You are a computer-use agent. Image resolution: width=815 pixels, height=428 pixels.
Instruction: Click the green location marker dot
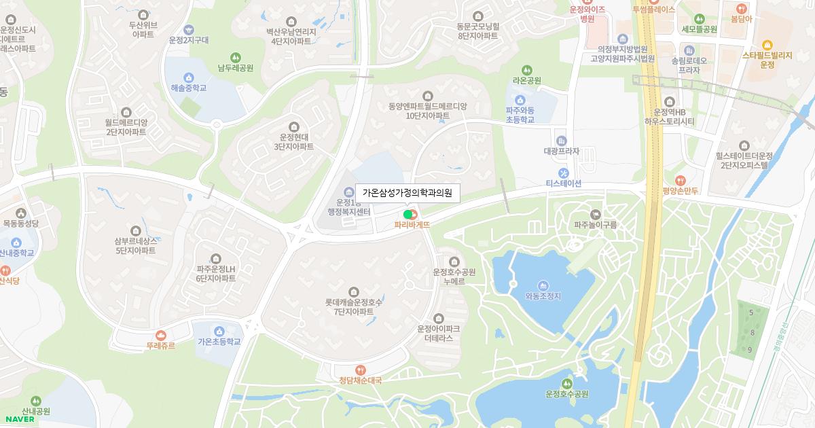pos(407,215)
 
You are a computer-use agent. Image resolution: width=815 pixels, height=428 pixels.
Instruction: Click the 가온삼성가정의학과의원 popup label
pos(407,193)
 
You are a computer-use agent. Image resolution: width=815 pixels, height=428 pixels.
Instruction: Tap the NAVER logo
pos(20,419)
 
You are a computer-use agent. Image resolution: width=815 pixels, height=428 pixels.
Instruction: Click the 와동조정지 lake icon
pos(543,285)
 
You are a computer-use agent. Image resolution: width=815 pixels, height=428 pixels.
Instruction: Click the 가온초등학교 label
pos(219,342)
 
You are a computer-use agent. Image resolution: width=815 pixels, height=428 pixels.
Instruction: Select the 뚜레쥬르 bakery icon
pos(161,335)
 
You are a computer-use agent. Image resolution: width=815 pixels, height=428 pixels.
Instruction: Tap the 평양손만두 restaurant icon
pos(681,181)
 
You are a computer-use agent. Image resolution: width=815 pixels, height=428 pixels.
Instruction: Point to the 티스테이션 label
pos(564,183)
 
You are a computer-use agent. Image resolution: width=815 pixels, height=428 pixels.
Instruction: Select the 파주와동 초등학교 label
pos(520,115)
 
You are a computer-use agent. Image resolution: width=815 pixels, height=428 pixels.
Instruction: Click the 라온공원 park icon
pos(527,70)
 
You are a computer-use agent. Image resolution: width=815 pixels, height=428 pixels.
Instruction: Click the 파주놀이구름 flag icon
pos(596,214)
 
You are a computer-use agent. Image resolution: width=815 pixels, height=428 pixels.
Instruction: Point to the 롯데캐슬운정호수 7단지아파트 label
pos(354,307)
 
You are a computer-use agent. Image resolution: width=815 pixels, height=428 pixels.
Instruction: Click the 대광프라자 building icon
pos(561,141)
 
